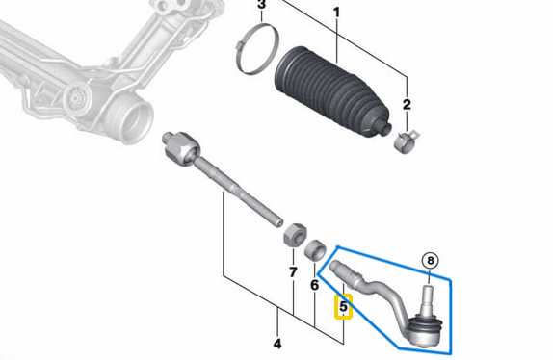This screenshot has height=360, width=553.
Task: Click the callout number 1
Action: [x=337, y=13]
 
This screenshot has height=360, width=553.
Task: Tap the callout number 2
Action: [x=407, y=104]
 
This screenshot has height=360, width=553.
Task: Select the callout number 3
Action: [x=261, y=5]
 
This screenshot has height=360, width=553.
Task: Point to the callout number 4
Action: [x=277, y=344]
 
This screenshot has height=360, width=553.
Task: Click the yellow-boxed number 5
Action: [x=343, y=306]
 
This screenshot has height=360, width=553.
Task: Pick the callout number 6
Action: [x=314, y=285]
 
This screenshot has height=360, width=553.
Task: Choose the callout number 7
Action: [x=293, y=272]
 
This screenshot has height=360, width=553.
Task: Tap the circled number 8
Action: [x=431, y=261]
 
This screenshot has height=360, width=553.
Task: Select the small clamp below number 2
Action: [x=406, y=141]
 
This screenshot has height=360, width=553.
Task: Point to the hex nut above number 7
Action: [x=295, y=235]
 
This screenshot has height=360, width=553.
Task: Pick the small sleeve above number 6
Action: [x=315, y=251]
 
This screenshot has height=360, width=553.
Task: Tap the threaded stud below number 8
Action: [x=428, y=298]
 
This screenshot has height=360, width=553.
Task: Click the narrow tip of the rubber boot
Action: [x=383, y=127]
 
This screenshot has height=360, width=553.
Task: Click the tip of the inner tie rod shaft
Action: [x=279, y=222]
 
